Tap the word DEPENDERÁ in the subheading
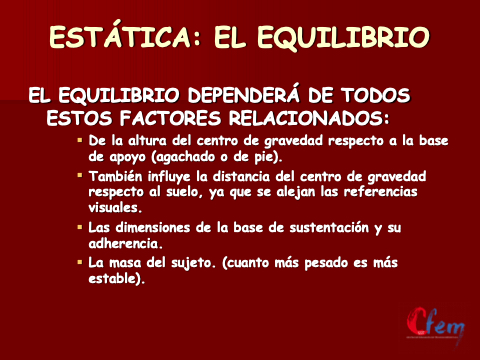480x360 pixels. coord(244,95)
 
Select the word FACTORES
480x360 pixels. coord(170,118)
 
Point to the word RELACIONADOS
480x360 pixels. coord(309,118)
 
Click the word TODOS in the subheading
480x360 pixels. coord(375,96)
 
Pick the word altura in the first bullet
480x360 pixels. coord(147,141)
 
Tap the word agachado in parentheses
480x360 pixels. coord(183,157)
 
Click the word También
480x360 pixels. coord(115,176)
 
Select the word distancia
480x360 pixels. coord(241,176)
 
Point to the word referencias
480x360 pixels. coord(381,192)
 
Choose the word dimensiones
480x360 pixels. coord(153,228)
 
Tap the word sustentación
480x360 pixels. coord(329,228)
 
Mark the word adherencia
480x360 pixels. coord(126,243)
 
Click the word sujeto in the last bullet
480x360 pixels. coord(191,263)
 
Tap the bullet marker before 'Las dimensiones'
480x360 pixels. coord(80,228)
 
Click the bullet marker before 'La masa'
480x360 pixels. coord(80,262)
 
